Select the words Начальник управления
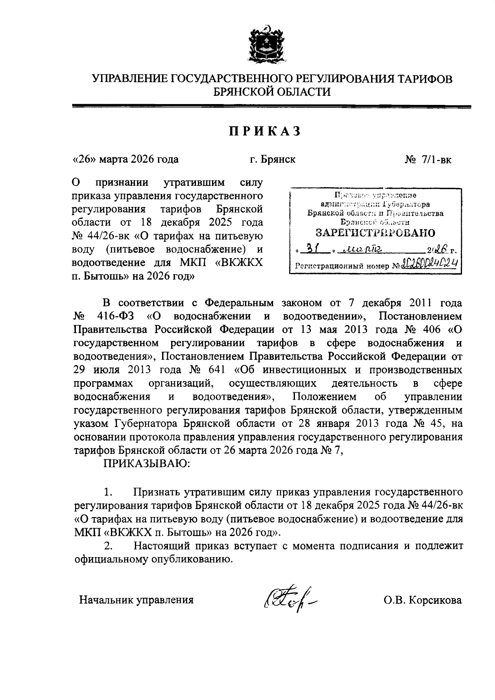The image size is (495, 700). (x=136, y=600)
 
